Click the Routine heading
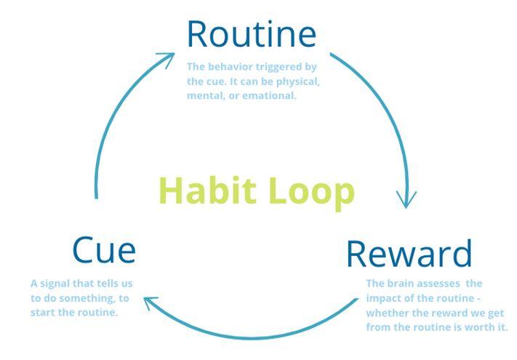252,33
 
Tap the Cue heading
103,249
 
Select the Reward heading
409,253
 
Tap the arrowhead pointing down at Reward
406,198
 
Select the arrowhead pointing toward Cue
151,301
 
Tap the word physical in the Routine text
298,81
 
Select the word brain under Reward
402,283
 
